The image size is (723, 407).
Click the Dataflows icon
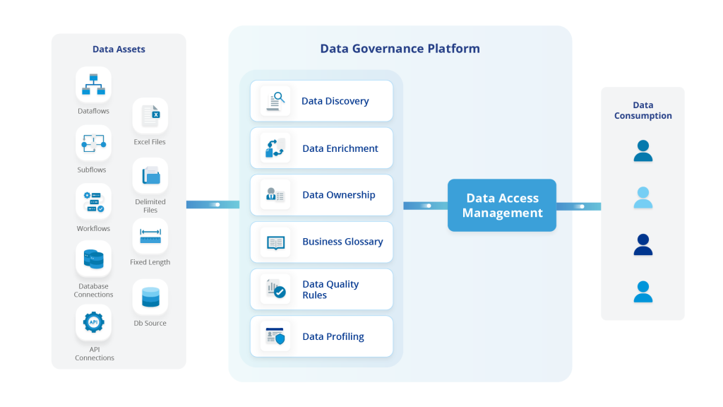93,85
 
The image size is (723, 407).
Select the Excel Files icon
150,115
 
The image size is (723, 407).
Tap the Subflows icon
93,143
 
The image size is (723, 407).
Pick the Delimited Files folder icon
150,175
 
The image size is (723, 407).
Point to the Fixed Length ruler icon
150,235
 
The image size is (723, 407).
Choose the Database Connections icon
93,259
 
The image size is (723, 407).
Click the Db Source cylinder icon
150,297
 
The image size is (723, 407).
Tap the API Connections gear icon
93,322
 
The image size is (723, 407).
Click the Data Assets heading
119,49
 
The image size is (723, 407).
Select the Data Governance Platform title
400,49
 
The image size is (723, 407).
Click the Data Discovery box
321,101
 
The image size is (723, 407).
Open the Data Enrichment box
321,148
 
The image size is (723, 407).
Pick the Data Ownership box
321,195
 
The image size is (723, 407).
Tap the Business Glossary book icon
275,242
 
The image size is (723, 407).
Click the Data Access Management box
502,206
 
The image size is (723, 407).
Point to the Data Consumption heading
643,111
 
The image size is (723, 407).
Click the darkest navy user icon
643,244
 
